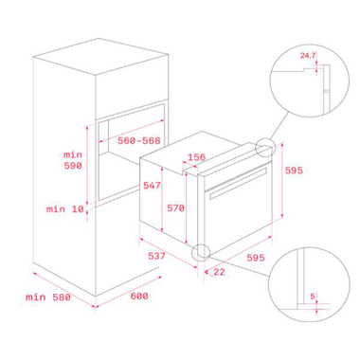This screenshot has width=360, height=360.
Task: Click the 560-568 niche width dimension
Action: pyautogui.click(x=139, y=140)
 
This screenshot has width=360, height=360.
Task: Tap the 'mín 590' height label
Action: pyautogui.click(x=73, y=160)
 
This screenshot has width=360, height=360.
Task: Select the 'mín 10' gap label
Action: pyautogui.click(x=65, y=209)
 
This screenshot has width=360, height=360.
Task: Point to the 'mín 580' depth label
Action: pyautogui.click(x=48, y=297)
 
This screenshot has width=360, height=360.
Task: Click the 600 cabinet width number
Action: pyautogui.click(x=139, y=297)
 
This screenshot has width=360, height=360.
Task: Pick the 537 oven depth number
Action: pyautogui.click(x=156, y=256)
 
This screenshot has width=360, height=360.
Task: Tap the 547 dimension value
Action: pyautogui.click(x=152, y=186)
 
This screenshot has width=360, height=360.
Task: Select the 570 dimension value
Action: pyautogui.click(x=175, y=208)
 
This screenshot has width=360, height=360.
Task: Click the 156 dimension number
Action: pyautogui.click(x=197, y=157)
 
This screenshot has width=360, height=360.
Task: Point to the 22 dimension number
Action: pyautogui.click(x=219, y=272)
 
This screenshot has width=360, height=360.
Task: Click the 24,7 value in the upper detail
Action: pyautogui.click(x=308, y=56)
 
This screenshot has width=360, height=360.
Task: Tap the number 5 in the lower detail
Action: pyautogui.click(x=313, y=297)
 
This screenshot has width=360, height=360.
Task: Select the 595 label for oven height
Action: pyautogui.click(x=294, y=171)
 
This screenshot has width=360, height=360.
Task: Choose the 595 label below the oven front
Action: pyautogui.click(x=256, y=258)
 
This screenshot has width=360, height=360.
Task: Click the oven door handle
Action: pyautogui.click(x=239, y=183)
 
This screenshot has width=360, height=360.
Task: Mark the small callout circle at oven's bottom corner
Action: pyautogui.click(x=200, y=253)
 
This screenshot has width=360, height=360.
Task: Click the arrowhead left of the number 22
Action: pyautogui.click(x=207, y=272)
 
